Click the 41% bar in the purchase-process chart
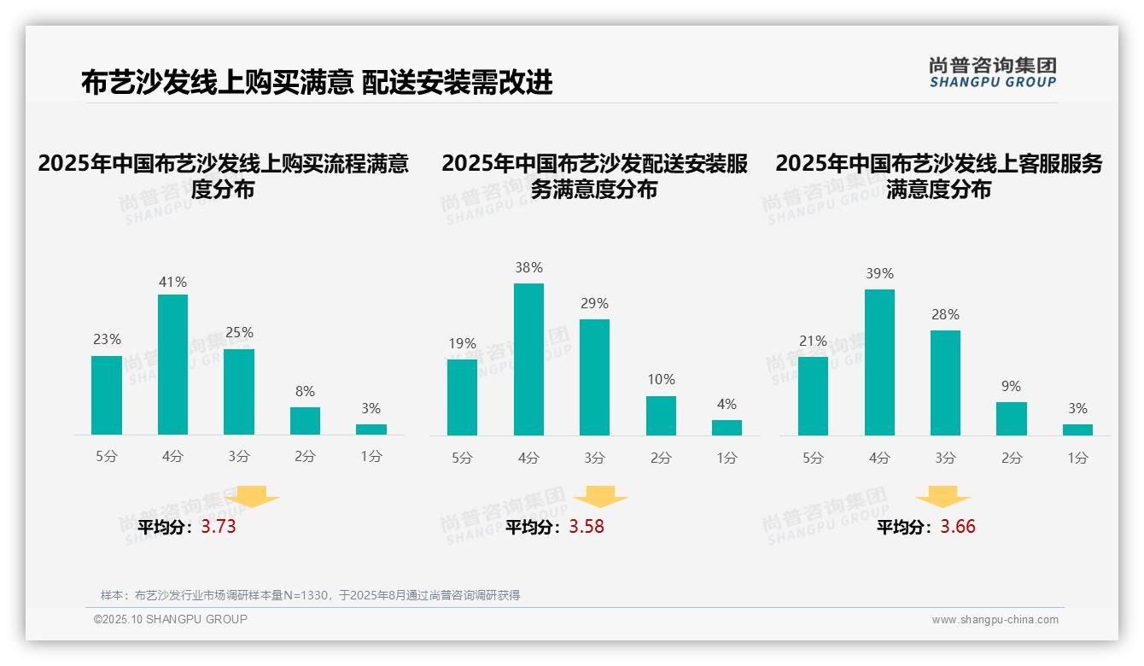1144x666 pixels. coord(173,365)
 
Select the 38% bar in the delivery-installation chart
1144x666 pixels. coord(528,359)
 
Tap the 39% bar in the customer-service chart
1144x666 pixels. coord(879,362)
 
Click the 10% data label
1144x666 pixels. coord(661,379)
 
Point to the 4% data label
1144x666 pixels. coord(727,404)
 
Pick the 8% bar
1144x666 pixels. coord(305,421)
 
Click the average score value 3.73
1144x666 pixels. coord(219,527)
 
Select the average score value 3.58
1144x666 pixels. coord(587,527)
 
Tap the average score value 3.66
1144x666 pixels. coord(958,527)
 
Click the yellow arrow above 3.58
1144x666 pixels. coord(601,496)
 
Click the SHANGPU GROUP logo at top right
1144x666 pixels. coord(992,73)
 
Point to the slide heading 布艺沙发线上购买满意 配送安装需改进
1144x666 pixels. coord(317,82)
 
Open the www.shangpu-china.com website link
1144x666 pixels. coord(995,620)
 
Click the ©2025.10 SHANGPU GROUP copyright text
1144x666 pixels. coord(171,619)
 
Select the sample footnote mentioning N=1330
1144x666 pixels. coord(310,595)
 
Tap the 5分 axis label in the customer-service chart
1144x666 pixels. coord(813,458)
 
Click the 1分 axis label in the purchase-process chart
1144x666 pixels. coord(371,457)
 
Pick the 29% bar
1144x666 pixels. coord(594,377)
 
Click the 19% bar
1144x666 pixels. coord(462,397)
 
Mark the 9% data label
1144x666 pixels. coord(1011,386)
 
